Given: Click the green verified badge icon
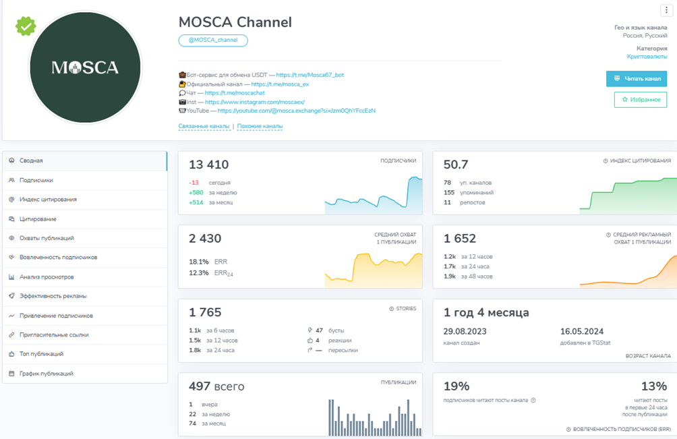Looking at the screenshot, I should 26,26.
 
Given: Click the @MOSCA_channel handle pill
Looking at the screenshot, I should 213,40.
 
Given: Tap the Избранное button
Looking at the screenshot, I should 641,100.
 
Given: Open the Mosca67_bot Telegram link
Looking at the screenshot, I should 310,75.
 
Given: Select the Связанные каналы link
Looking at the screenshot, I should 203,126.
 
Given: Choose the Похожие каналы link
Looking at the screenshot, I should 260,126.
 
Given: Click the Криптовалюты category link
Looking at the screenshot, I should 647,57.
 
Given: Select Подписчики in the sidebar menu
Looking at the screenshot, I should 36,180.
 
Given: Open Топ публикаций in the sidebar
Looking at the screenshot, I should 41,354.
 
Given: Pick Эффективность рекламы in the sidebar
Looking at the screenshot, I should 53,296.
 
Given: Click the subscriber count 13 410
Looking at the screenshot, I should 208,165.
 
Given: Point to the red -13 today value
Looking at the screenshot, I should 194,183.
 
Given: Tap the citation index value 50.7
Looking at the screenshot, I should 456,165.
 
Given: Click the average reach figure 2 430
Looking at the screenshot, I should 205,239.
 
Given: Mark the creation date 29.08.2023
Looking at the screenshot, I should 465,332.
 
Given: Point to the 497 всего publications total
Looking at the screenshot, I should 216,386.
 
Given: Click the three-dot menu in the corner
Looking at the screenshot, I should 666,10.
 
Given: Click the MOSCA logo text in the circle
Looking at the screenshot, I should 85,67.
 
